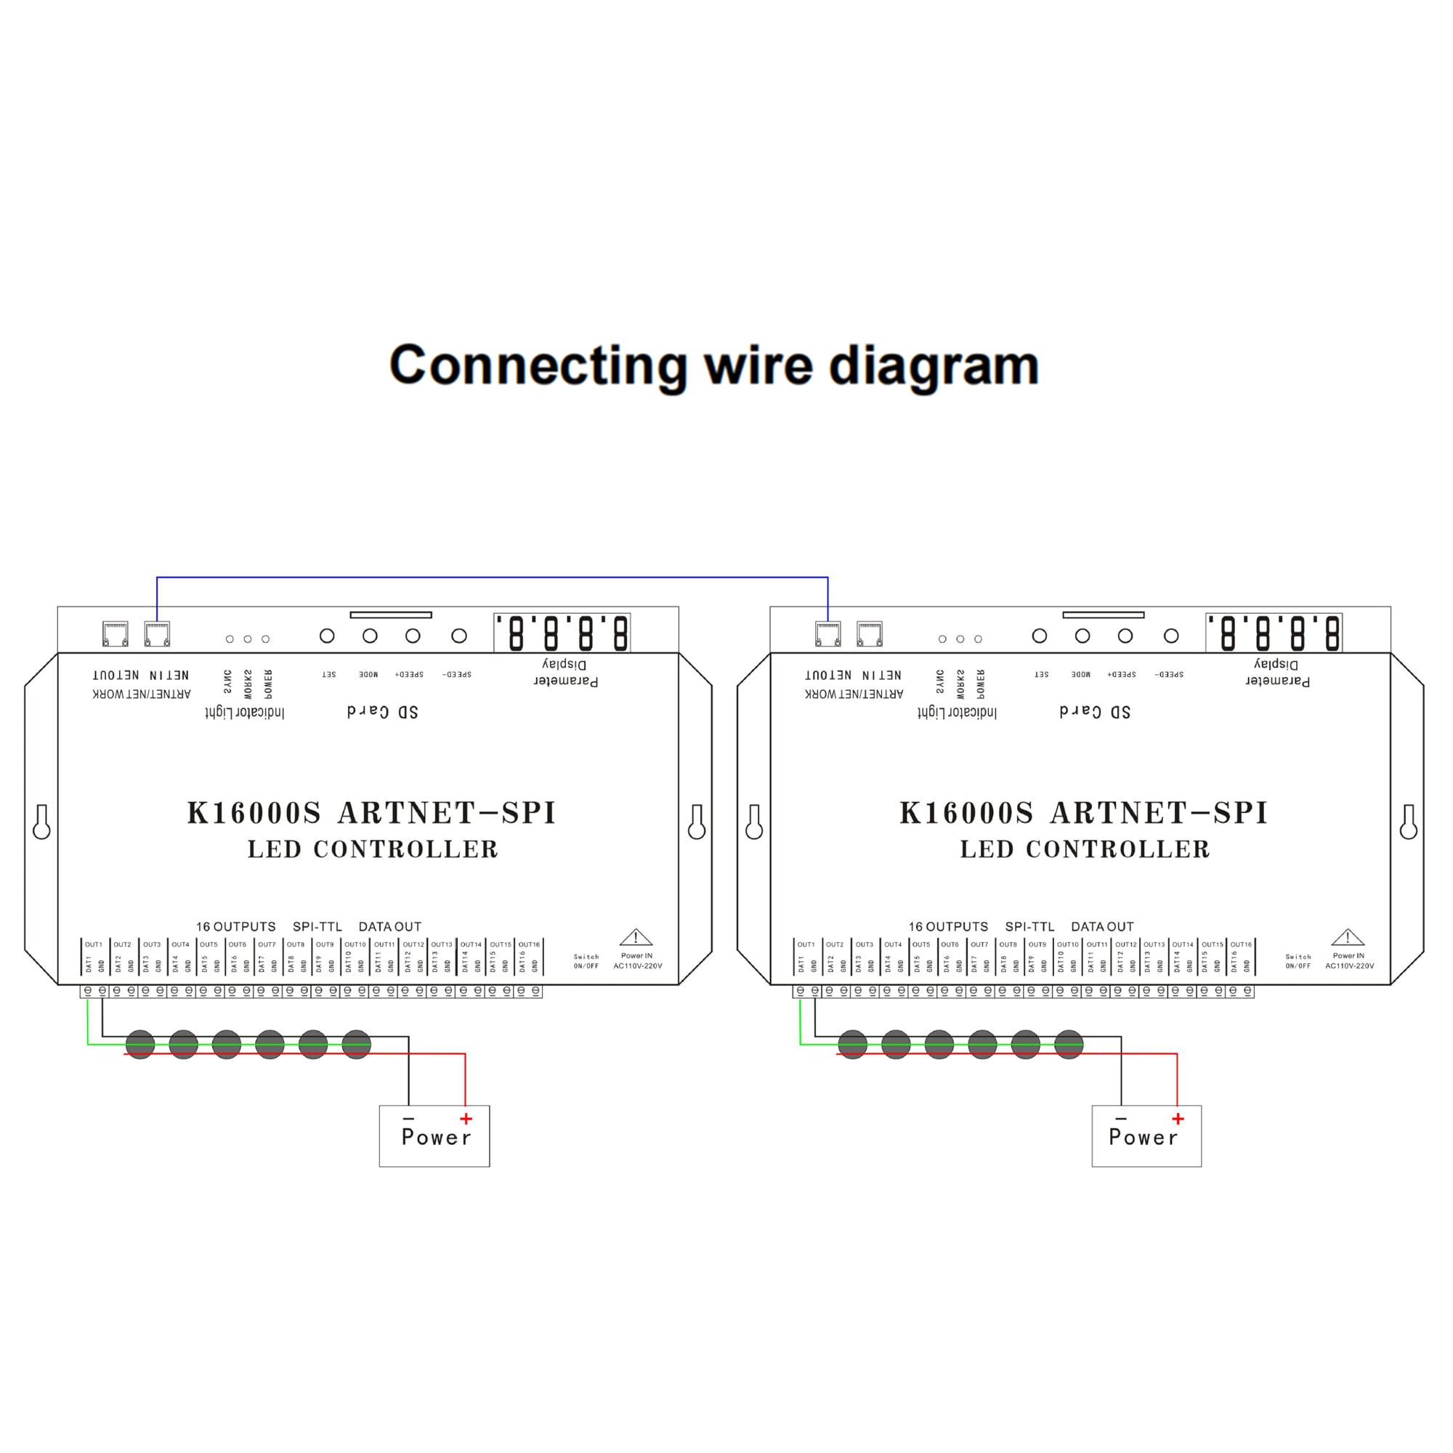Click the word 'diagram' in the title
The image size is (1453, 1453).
click(934, 366)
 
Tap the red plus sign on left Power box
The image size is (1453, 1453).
click(466, 1119)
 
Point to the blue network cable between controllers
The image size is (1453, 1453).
click(492, 578)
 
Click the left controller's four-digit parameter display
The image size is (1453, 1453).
click(562, 634)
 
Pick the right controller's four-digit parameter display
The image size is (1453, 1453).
click(1274, 634)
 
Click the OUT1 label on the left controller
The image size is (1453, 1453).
click(93, 944)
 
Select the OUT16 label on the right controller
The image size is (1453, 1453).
click(1241, 944)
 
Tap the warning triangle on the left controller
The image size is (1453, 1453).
click(636, 937)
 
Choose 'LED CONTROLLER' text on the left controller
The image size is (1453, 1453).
click(373, 849)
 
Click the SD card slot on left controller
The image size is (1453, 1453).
click(390, 615)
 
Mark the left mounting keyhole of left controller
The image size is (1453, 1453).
click(41, 821)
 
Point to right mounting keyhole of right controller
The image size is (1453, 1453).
click(1409, 821)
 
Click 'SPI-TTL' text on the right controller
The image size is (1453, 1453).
click(1029, 926)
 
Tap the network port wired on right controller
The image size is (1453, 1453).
click(828, 634)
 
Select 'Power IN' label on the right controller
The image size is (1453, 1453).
click(1348, 956)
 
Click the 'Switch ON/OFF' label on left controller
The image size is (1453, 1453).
click(586, 961)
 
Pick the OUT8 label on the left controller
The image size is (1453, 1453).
click(296, 944)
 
